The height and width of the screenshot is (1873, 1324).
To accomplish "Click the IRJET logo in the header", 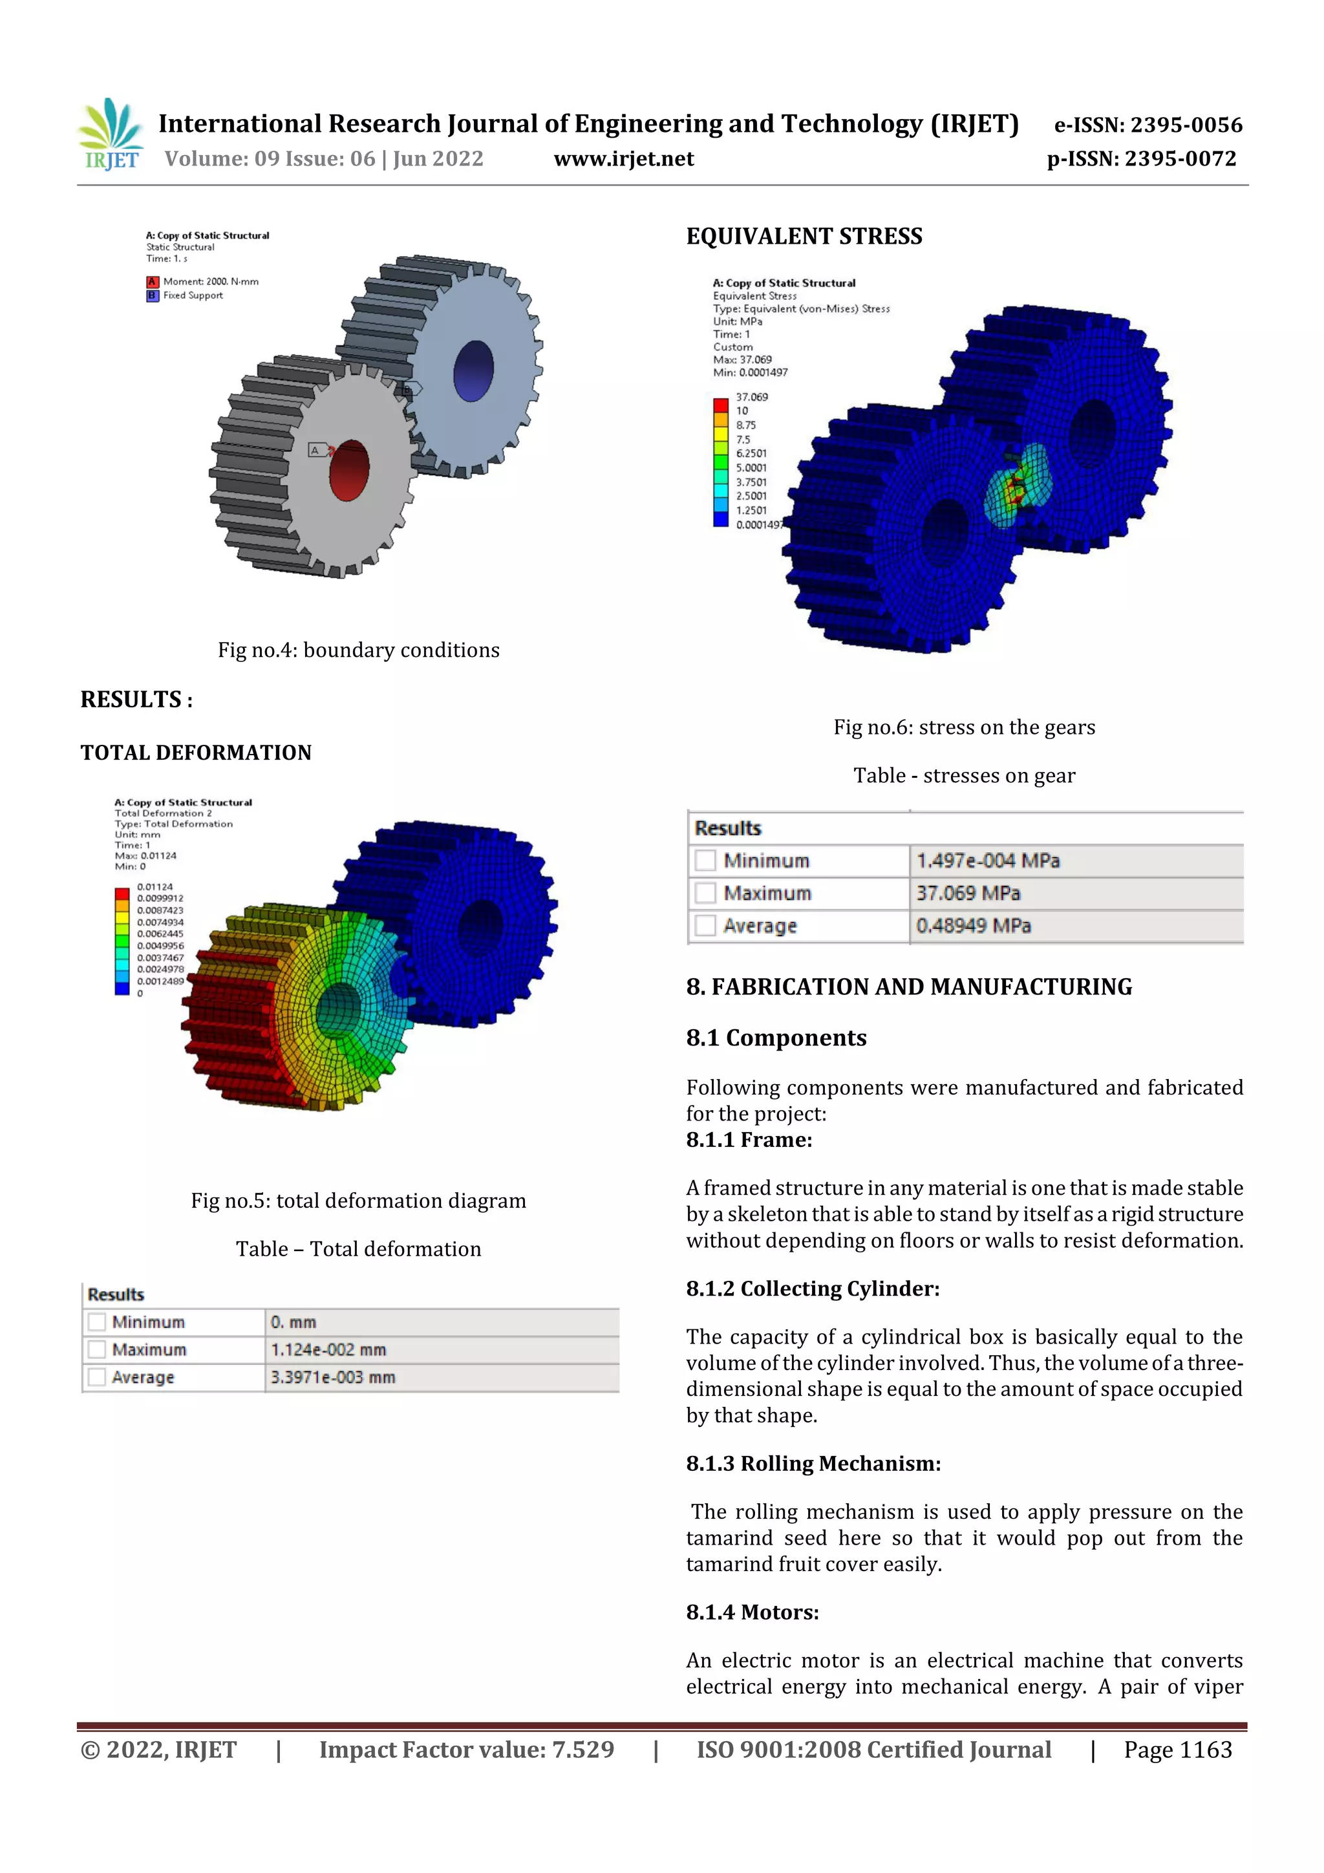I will pos(111,135).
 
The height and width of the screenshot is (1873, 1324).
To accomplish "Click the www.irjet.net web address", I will pos(623,159).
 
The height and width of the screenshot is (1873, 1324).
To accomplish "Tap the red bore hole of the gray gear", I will pos(349,471).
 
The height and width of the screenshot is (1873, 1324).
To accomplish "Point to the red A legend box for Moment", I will pos(153,281).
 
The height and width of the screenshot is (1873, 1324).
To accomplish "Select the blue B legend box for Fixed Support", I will pos(153,295).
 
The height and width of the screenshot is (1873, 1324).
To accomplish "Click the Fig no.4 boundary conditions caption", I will pos(358,650).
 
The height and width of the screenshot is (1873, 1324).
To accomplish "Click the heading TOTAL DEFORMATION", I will pos(196,752).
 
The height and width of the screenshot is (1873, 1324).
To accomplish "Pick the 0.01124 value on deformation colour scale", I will pos(155,887).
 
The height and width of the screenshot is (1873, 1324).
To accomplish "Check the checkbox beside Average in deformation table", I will pos(97,1377).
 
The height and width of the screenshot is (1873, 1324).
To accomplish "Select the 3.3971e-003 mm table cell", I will pos(333,1377).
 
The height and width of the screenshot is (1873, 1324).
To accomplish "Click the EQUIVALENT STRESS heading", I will pos(804,237).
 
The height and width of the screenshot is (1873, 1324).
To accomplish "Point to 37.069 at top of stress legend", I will pos(751,397).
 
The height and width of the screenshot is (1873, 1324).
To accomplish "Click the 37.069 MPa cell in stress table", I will pos(968,894).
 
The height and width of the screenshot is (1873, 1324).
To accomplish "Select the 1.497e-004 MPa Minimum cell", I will pos(987,861).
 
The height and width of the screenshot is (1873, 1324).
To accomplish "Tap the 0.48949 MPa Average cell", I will pos(973,926).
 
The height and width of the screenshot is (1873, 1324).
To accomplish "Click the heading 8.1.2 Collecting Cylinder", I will pos(813,1289).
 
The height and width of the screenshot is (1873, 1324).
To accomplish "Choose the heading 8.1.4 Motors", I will pos(752,1612).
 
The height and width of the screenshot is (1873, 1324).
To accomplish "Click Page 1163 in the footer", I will pos(1177,1750).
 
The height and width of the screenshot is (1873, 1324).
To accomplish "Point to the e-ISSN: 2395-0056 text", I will pos(1148,125).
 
